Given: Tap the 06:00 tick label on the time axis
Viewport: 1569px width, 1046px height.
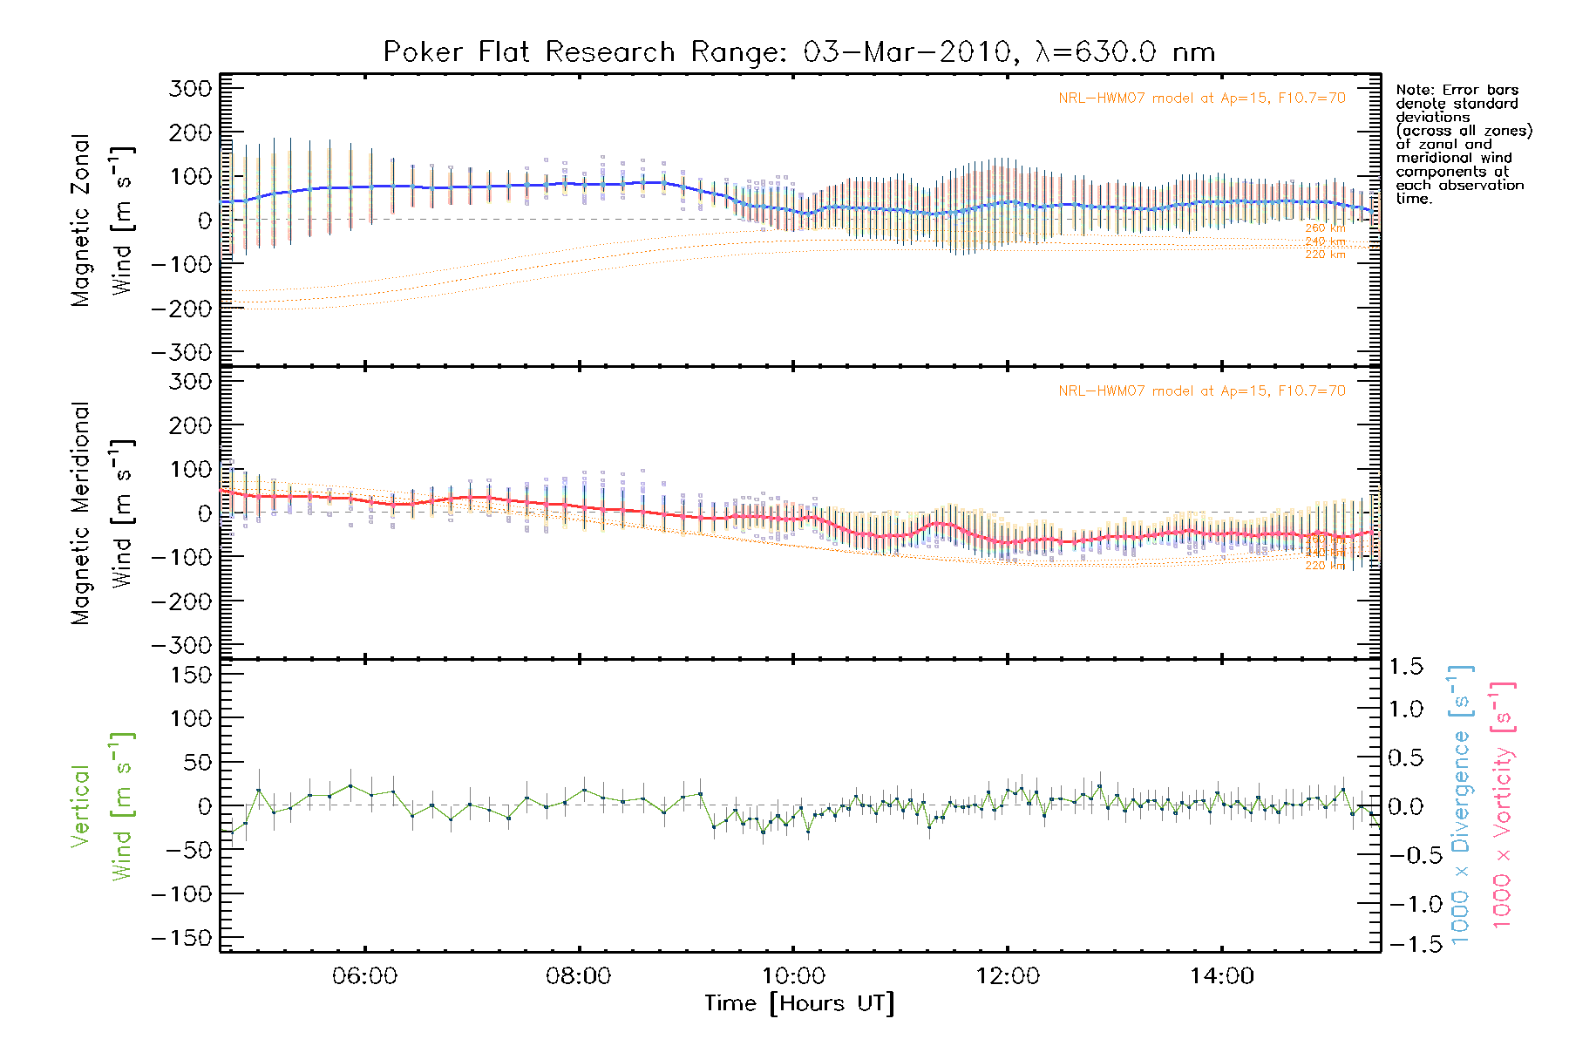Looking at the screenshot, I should [364, 976].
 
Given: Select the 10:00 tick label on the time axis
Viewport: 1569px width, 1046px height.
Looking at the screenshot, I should [793, 976].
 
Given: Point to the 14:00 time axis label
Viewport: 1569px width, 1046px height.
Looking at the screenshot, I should [1221, 976].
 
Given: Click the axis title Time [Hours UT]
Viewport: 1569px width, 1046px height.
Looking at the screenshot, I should [799, 1004].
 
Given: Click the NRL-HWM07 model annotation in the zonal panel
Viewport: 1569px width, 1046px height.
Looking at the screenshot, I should [1202, 98].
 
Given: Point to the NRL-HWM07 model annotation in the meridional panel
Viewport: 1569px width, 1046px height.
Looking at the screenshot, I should [1202, 391].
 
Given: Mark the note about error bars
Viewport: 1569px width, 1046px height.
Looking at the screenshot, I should [1463, 144].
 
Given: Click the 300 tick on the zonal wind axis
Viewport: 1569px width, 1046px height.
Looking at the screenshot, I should [190, 88].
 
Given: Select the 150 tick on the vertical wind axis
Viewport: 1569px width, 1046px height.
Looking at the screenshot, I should [190, 675].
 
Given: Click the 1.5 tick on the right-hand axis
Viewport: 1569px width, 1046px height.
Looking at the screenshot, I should [1406, 667].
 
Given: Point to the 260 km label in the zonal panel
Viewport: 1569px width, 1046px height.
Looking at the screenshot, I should [1325, 228].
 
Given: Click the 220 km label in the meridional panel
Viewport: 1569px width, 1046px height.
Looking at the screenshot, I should [1325, 566].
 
